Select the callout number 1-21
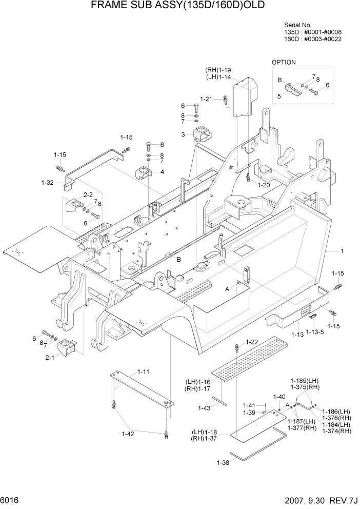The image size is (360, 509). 206,99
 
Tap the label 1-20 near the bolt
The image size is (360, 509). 264,185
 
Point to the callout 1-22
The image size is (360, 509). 252,342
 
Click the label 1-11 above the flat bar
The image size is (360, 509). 143,371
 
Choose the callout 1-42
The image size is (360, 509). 128,434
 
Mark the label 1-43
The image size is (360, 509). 205,408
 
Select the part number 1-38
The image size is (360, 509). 223,462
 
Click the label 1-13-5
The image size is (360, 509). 315,332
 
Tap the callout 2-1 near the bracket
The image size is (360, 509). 50,358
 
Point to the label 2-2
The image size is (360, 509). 88,195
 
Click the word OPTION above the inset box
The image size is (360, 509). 284,62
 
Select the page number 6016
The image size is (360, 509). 11,499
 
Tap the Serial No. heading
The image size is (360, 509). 297,25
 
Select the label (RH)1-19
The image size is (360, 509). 218,70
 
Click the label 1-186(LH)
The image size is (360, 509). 336,411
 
